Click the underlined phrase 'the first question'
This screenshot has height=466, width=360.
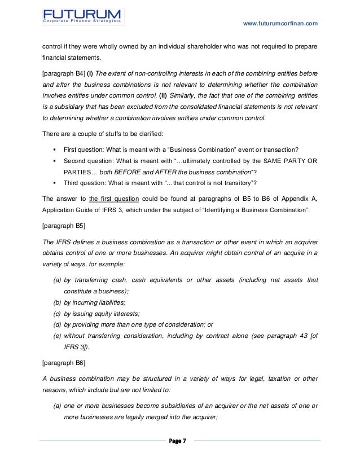(x=113, y=199)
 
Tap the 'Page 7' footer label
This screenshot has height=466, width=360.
(x=180, y=440)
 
